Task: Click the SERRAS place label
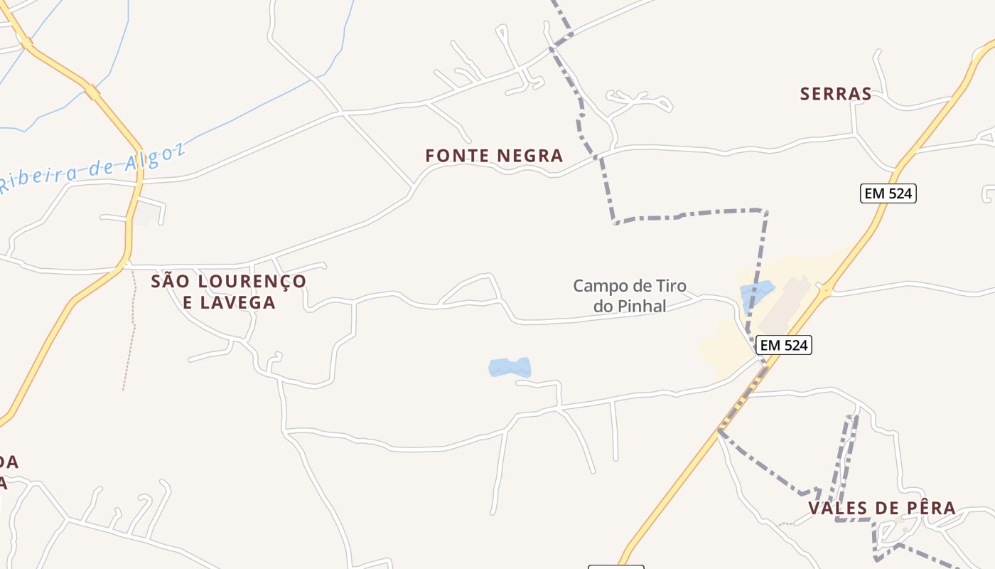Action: point(836,94)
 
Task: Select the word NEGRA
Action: point(530,156)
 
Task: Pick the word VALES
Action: point(838,509)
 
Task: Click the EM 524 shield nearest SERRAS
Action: point(888,193)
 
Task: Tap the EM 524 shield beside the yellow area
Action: point(783,345)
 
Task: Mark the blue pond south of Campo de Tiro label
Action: point(510,368)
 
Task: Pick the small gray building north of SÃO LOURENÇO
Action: point(146,214)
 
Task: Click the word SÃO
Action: point(168,282)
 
